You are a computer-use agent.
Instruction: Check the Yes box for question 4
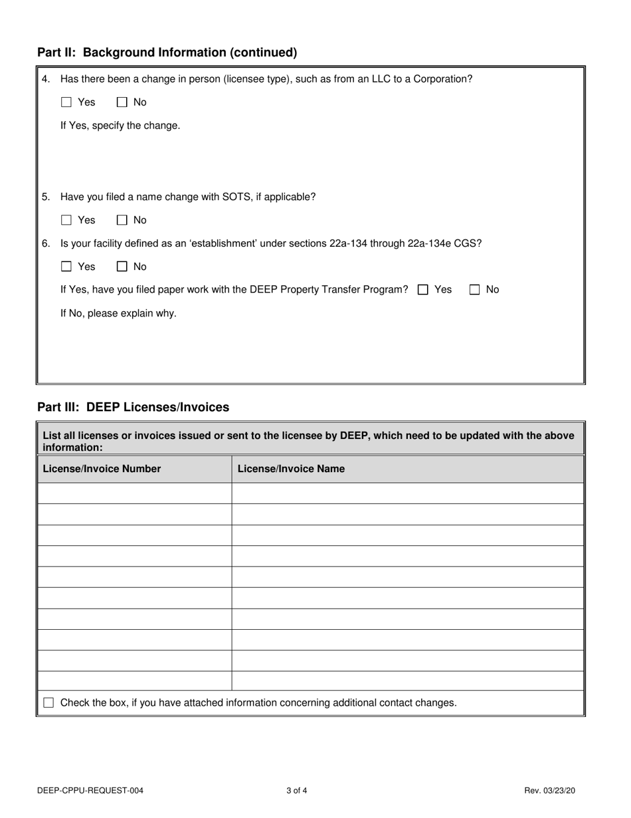click(66, 102)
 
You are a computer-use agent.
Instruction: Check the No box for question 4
click(122, 102)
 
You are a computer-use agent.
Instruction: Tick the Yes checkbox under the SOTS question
click(66, 220)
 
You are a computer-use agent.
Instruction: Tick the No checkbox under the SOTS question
click(122, 220)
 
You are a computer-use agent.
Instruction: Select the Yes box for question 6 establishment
click(66, 267)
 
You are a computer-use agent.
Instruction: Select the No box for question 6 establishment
click(122, 267)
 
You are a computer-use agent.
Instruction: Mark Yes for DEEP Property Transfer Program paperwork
click(423, 290)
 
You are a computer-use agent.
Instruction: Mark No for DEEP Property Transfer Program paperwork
click(475, 290)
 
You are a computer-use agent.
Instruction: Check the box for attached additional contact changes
click(48, 703)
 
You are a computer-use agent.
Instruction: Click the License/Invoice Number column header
click(102, 469)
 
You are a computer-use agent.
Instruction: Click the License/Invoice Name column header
click(291, 469)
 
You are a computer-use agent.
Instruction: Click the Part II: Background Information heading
click(167, 53)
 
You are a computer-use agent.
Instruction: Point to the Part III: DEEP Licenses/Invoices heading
click(133, 407)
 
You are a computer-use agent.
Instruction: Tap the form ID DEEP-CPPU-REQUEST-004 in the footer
click(90, 791)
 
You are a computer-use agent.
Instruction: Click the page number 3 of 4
click(296, 791)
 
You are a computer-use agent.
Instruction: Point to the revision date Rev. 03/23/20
click(549, 791)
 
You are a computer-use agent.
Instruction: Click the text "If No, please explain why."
click(118, 313)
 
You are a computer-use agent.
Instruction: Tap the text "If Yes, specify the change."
click(120, 126)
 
